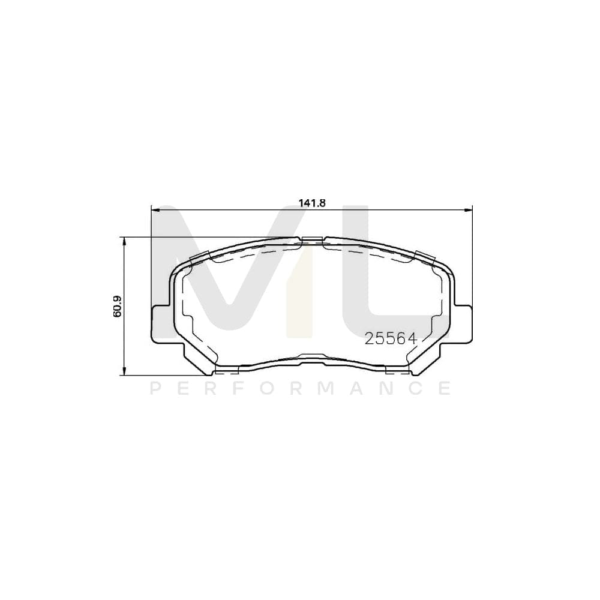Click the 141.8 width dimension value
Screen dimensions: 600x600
point(311,203)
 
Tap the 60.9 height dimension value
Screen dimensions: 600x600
point(117,306)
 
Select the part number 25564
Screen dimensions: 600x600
point(391,339)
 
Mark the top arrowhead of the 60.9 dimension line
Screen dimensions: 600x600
point(124,241)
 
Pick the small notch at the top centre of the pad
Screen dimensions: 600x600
point(312,241)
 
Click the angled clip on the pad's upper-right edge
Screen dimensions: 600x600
point(424,256)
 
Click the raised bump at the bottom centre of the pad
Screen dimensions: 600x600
point(312,356)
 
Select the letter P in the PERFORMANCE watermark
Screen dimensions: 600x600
point(154,389)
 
